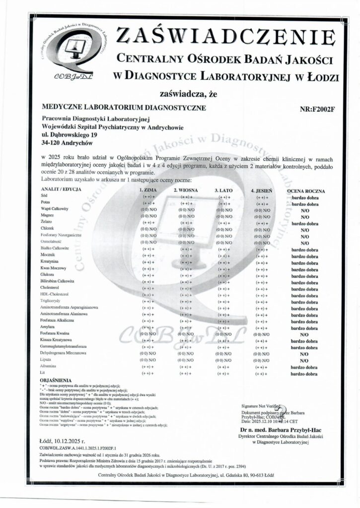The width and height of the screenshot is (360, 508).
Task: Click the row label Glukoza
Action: pyautogui.click(x=48, y=274)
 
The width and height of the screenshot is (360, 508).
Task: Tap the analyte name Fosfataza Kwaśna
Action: pyautogui.click(x=58, y=333)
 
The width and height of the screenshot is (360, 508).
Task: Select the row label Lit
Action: pyautogui.click(x=43, y=372)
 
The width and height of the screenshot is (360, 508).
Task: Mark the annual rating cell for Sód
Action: pyautogui.click(x=305, y=197)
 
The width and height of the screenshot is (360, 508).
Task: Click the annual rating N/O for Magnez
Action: pyautogui.click(x=305, y=216)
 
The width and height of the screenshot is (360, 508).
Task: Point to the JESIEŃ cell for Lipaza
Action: pyautogui.click(x=262, y=360)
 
